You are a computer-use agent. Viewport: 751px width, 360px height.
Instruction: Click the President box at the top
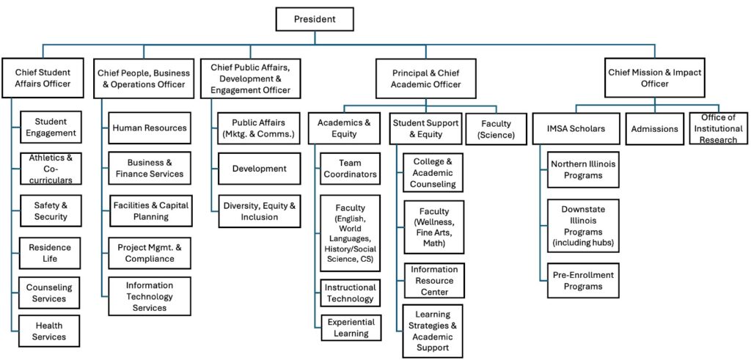click(x=314, y=19)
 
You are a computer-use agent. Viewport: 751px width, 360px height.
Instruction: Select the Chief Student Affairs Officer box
click(x=43, y=78)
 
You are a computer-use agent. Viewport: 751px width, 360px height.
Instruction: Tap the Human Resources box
click(x=150, y=128)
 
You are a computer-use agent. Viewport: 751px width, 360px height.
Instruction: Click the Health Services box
click(x=48, y=331)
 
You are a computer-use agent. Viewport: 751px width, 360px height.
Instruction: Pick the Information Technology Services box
click(x=150, y=296)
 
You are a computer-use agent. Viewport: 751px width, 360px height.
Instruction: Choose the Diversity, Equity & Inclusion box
click(x=259, y=211)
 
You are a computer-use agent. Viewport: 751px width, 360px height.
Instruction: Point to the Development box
click(x=259, y=169)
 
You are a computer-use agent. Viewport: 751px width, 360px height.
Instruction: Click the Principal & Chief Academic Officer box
click(x=426, y=78)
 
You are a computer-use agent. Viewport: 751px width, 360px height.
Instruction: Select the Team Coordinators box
click(x=350, y=169)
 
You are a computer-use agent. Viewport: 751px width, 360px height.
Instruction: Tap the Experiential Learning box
click(x=351, y=328)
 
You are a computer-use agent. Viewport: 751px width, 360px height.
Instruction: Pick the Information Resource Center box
click(x=433, y=280)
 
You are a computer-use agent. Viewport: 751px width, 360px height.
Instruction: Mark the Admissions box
click(x=654, y=129)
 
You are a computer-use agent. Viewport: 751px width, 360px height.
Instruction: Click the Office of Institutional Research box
click(x=718, y=128)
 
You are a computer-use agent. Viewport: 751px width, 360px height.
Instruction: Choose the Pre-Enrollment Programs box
click(x=583, y=281)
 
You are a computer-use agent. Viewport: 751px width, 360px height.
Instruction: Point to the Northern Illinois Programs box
click(x=583, y=169)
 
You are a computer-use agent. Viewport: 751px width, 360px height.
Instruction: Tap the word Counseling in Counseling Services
click(x=48, y=287)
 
